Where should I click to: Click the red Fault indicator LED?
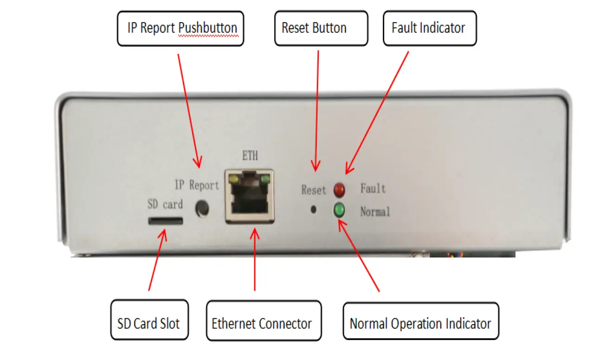click(340, 189)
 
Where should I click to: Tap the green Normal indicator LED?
click(339, 211)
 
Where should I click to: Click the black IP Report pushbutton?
click(202, 208)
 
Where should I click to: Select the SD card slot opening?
click(165, 220)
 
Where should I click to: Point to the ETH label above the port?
click(250, 156)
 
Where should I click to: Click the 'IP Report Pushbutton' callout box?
click(180, 28)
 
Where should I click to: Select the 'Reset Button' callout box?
click(321, 28)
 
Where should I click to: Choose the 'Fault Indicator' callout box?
click(429, 28)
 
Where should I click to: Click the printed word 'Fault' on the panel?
click(373, 188)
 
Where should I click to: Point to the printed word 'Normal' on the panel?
click(375, 212)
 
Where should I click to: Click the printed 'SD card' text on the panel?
click(165, 204)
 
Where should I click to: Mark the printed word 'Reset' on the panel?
click(314, 190)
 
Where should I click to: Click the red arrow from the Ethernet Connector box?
click(255, 260)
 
